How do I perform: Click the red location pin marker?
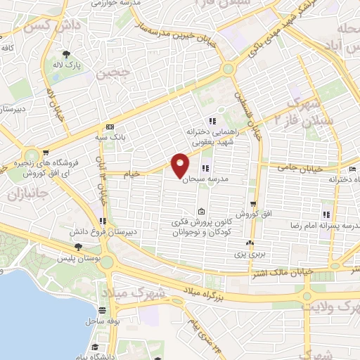pyautogui.click(x=180, y=165)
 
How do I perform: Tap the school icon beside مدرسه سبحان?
pyautogui.click(x=205, y=168)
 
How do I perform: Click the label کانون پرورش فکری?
pyautogui.click(x=202, y=223)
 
